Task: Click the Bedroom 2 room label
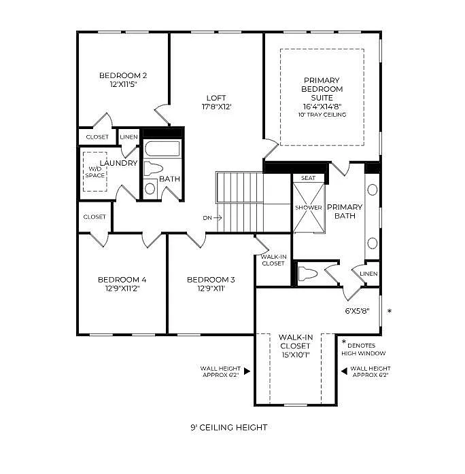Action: (123, 75)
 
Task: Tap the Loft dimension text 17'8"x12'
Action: (216, 107)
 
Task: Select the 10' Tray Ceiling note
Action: (322, 115)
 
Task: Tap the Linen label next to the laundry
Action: (129, 137)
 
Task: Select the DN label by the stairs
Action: (207, 218)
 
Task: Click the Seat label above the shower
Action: (309, 178)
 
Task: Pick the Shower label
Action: (308, 208)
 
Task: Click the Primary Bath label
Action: (345, 211)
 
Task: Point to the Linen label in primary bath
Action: (368, 274)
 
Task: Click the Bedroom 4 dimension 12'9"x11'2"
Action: (122, 288)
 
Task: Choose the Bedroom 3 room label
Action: (211, 279)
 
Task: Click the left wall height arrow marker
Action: (247, 371)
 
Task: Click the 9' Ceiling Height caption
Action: (229, 427)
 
